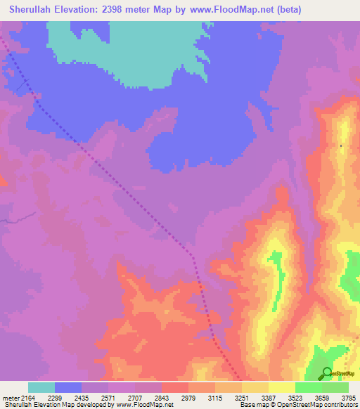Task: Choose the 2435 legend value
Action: point(94,398)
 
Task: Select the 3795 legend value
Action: point(349,398)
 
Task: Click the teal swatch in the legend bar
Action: point(41,387)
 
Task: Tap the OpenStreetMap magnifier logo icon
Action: point(327,373)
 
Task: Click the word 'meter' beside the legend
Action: point(11,398)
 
